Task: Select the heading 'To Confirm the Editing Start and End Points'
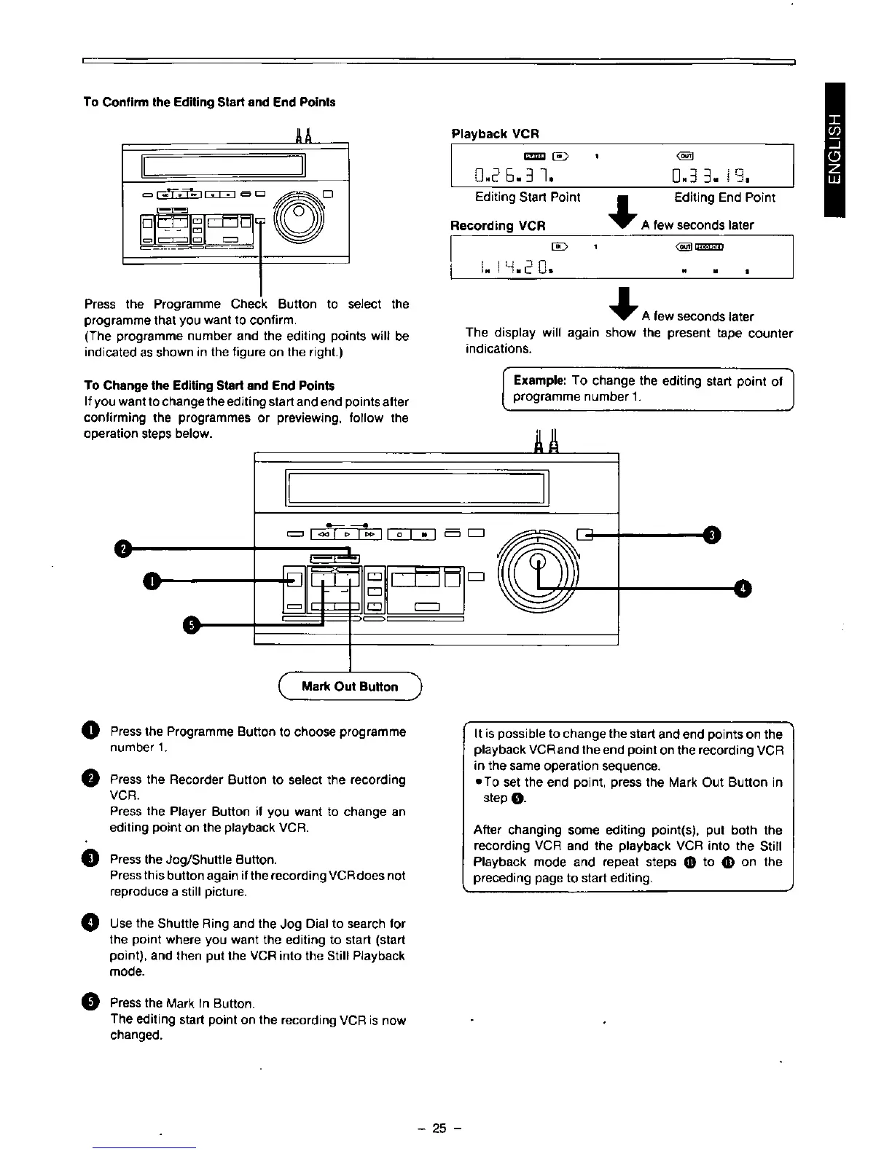click(x=210, y=102)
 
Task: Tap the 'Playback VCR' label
click(x=495, y=134)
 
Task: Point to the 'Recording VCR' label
click(x=498, y=225)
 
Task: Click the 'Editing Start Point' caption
click(x=528, y=197)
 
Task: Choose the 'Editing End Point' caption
click(x=724, y=197)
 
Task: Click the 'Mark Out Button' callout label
click(x=350, y=686)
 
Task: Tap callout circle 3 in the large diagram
click(x=714, y=535)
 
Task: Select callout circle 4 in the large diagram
click(x=743, y=588)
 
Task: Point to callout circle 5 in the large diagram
click(x=190, y=625)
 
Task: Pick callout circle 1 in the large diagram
click(x=149, y=581)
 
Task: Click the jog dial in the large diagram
click(x=538, y=562)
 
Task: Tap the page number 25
click(x=439, y=1129)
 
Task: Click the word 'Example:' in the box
click(x=540, y=381)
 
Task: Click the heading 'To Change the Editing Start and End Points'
click(x=210, y=385)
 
